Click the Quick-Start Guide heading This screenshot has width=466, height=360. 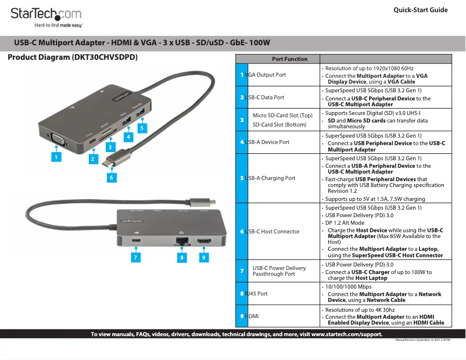(420, 10)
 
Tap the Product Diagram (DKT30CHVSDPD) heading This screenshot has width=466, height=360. (73, 58)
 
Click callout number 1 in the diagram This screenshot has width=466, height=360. (56, 156)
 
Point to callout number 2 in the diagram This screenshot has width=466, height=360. (93, 158)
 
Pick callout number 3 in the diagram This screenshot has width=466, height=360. (109, 147)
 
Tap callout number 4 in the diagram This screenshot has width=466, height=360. (129, 137)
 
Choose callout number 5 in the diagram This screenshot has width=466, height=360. (141, 127)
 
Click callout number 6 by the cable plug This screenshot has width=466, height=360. (111, 178)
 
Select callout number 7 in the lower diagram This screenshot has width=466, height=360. (135, 257)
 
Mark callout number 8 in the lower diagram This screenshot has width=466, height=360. (182, 257)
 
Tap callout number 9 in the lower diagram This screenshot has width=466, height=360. (203, 257)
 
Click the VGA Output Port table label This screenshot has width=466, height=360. (266, 75)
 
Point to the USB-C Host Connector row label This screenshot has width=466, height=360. (272, 232)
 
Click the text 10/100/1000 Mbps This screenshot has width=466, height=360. (348, 287)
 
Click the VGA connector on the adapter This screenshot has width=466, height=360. (59, 138)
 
